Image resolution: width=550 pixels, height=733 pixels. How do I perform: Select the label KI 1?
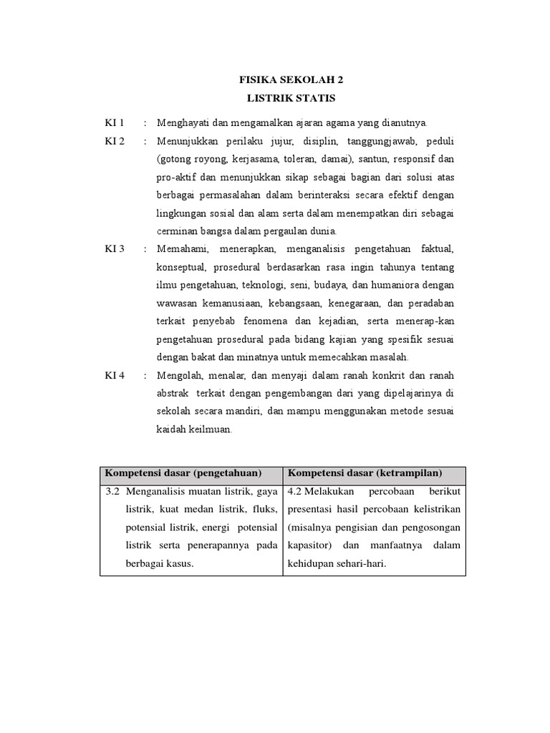115,122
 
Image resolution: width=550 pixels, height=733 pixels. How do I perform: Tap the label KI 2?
115,141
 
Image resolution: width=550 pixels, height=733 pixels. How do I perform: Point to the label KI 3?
115,248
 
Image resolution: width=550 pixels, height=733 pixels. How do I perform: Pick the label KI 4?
115,375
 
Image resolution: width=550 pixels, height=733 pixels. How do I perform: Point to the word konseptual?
182,267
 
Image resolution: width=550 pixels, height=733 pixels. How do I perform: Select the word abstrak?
173,393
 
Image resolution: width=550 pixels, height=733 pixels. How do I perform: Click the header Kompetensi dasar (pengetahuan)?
183,473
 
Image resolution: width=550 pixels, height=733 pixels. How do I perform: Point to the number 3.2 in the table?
112,492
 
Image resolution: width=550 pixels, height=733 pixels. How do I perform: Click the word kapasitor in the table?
312,545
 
